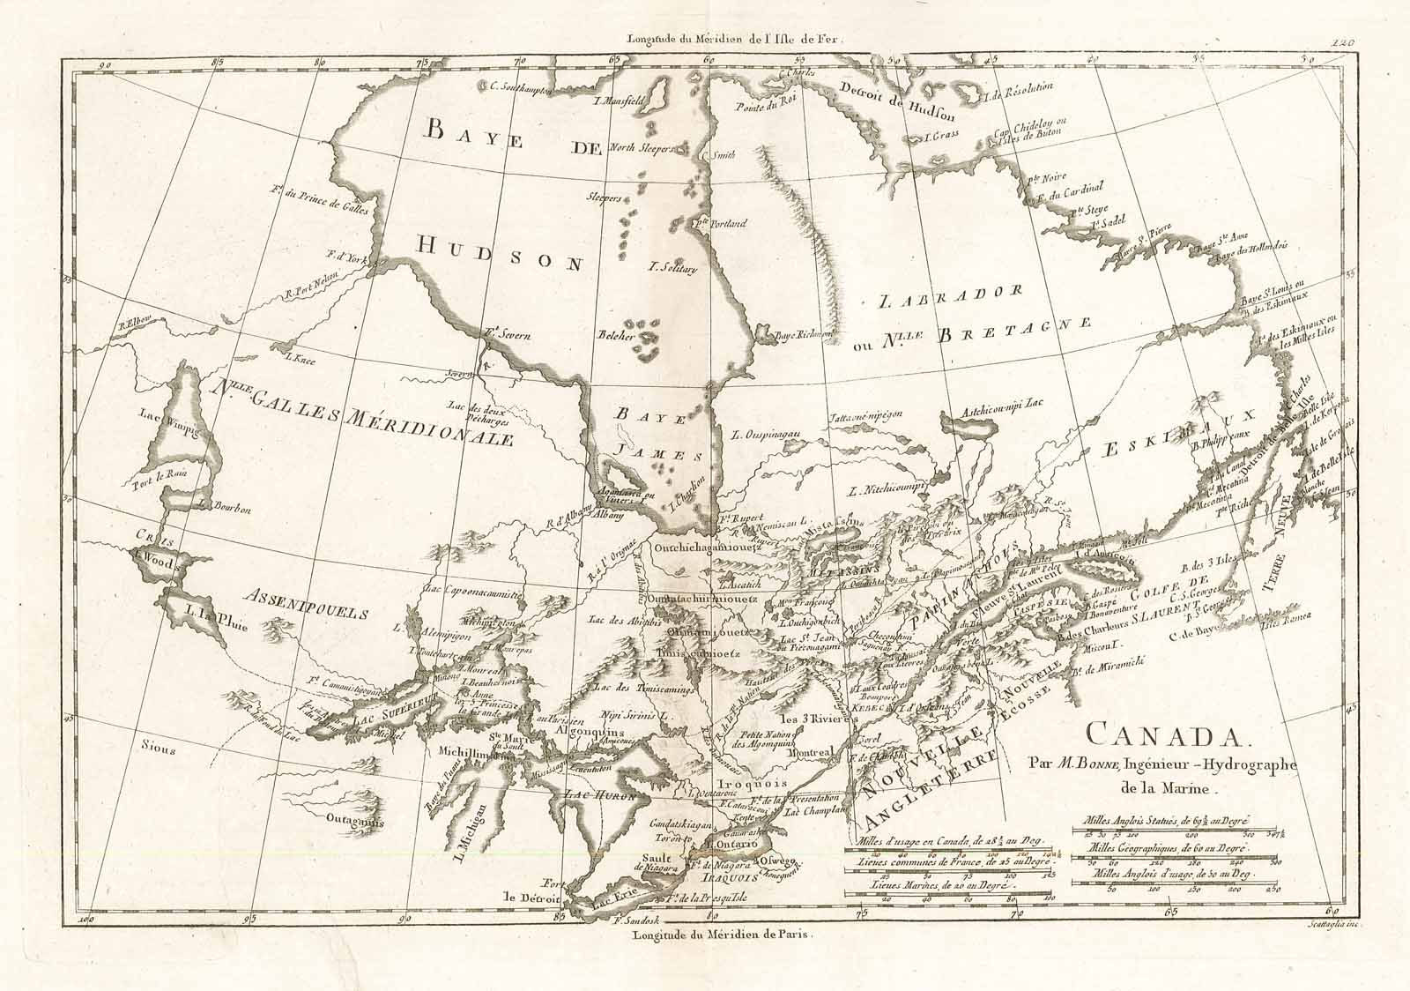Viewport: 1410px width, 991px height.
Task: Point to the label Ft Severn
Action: point(505,333)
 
